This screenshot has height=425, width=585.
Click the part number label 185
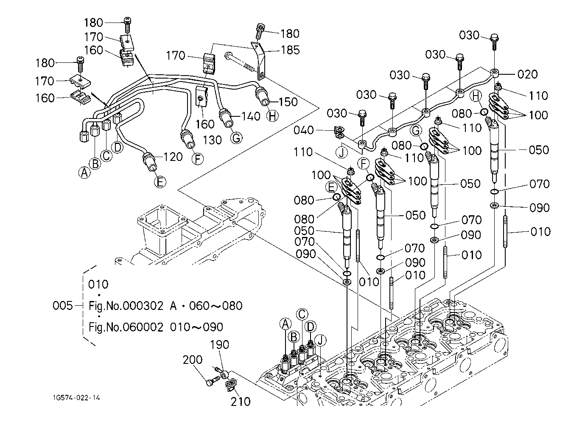point(290,50)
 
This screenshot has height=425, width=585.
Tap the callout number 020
point(528,74)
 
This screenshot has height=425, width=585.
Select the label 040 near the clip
point(303,130)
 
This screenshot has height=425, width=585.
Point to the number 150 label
point(288,102)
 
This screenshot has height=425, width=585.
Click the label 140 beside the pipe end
point(251,116)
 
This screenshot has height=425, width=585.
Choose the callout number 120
point(173,157)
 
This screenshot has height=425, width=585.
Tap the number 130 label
point(213,140)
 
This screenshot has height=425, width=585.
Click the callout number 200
point(193,360)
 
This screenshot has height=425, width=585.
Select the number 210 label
point(241,402)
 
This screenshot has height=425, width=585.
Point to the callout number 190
point(220,345)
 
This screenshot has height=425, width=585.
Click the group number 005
point(63,305)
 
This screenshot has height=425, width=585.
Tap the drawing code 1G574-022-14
point(76,398)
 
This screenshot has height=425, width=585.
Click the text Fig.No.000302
point(126,306)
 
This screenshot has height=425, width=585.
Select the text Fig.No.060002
point(126,327)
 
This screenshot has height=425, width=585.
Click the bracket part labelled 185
point(260,62)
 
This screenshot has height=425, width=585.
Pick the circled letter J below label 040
point(341,153)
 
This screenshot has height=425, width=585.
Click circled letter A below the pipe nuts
point(84,172)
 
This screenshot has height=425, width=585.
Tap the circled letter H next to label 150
point(272,116)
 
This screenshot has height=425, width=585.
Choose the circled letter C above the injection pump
point(302,314)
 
